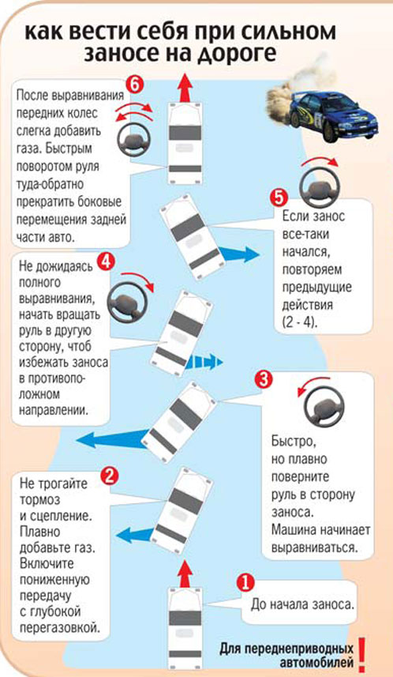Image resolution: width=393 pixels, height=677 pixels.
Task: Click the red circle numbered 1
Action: (245, 582)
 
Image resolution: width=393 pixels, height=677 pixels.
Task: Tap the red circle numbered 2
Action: (110, 476)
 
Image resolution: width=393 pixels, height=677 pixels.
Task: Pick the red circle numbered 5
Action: (279, 199)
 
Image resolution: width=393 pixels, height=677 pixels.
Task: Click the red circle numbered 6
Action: (134, 85)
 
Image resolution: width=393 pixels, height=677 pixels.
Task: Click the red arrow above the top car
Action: (186, 88)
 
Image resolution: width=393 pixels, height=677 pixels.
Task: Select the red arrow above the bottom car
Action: (186, 574)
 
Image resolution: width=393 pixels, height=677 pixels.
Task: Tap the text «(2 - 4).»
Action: (300, 323)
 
